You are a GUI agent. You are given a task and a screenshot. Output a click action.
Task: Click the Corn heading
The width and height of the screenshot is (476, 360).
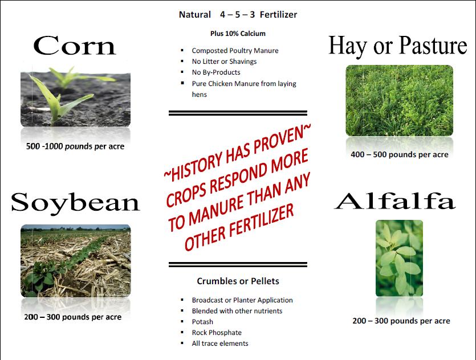(x=74, y=46)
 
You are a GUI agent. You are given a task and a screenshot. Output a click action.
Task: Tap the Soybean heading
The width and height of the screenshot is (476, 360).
(x=75, y=203)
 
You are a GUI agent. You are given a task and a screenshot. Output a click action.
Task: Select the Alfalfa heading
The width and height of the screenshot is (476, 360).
(x=394, y=201)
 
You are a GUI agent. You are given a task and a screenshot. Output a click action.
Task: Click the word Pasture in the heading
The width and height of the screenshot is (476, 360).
(x=433, y=46)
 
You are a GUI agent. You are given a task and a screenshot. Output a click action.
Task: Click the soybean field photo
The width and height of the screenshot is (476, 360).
(x=76, y=261)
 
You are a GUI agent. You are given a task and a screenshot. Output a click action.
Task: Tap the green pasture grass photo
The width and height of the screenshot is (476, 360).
(x=399, y=101)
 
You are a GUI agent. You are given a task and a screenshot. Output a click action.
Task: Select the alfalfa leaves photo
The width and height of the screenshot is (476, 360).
(x=399, y=258)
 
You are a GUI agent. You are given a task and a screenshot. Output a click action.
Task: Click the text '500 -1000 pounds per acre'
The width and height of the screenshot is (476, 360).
(x=75, y=146)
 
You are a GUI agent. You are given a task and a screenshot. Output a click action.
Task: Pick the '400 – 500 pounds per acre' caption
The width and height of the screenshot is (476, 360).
(x=400, y=155)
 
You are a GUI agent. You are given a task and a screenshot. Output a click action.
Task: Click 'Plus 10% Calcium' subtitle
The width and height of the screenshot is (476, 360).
(x=238, y=34)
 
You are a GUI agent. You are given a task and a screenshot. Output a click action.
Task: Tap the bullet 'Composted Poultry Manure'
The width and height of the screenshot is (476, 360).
(x=235, y=51)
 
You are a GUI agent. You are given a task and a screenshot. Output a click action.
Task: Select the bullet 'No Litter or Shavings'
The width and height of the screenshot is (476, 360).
(x=224, y=62)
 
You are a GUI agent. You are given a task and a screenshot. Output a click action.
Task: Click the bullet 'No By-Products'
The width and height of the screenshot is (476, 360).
(x=216, y=72)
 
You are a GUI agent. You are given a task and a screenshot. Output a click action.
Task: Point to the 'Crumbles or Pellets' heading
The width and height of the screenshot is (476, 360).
(x=238, y=281)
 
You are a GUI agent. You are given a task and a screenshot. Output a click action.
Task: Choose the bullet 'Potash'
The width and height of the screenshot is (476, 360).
(x=202, y=322)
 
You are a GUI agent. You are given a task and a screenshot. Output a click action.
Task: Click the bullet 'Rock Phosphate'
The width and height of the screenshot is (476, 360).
(x=217, y=333)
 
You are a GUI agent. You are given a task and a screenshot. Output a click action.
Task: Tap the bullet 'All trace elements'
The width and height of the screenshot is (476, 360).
(x=220, y=343)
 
